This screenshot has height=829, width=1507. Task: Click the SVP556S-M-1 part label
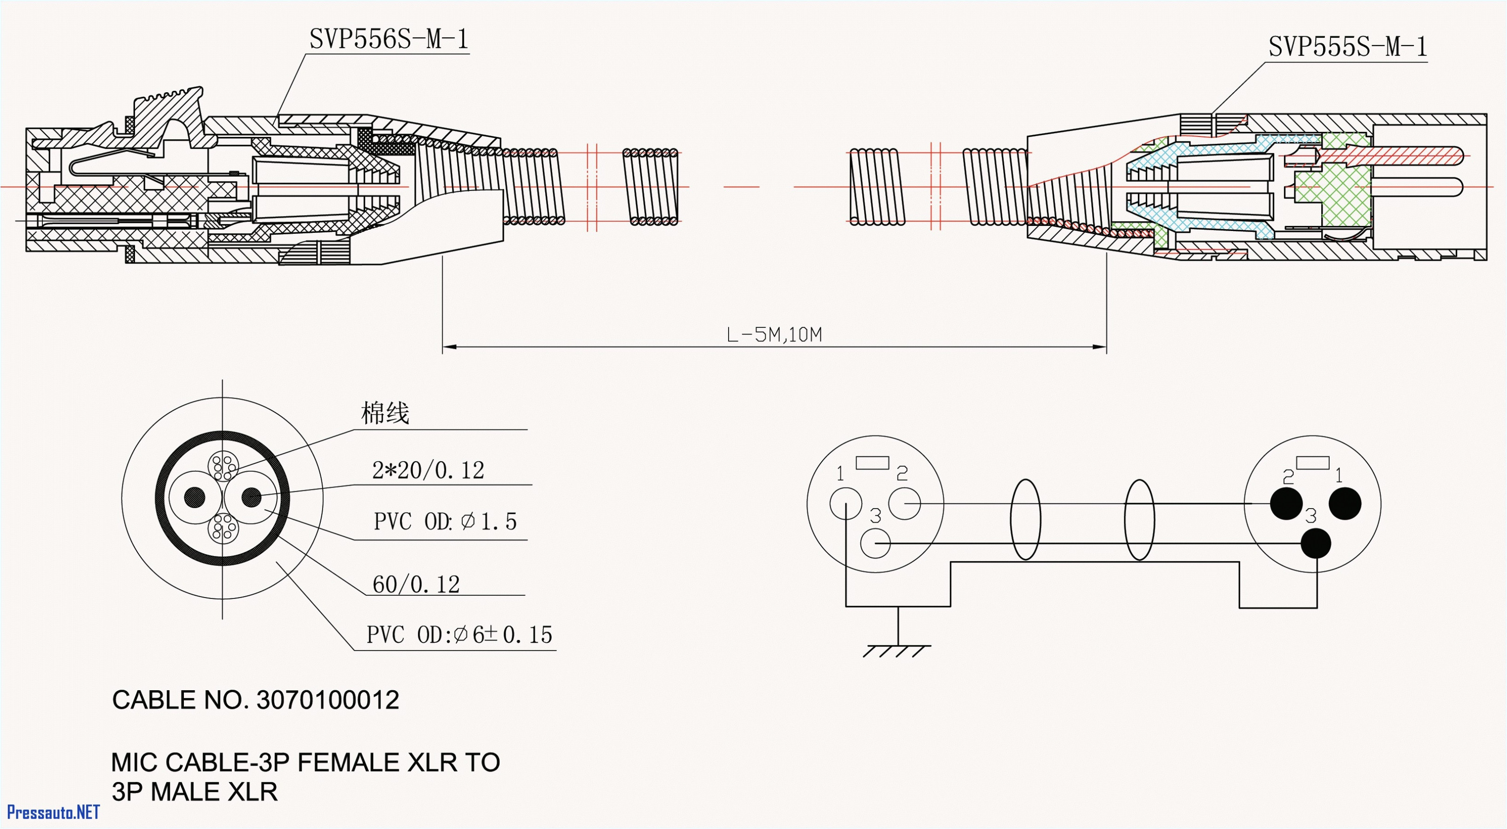coord(388,40)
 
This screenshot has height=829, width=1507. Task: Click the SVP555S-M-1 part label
coord(1347,47)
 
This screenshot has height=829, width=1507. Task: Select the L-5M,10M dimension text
coord(774,335)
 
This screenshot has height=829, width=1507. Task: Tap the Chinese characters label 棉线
coord(385,414)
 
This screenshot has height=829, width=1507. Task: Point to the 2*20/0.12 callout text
coord(428,470)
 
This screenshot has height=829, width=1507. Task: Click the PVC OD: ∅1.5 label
coord(445,521)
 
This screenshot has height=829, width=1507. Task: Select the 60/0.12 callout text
coord(416,584)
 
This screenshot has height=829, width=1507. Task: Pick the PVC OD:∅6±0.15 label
coord(459,635)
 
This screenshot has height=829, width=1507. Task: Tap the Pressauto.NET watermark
coord(53,812)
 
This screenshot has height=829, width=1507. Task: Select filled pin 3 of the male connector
coord(1316,544)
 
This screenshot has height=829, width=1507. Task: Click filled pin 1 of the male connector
coord(1345,503)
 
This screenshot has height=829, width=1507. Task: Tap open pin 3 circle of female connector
coord(876,544)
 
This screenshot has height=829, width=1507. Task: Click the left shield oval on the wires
coord(1026,519)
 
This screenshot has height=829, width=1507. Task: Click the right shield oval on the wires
coord(1140,519)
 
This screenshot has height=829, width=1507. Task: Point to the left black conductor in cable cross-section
coord(195,497)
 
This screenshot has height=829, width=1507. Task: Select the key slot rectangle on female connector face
coord(872,463)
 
